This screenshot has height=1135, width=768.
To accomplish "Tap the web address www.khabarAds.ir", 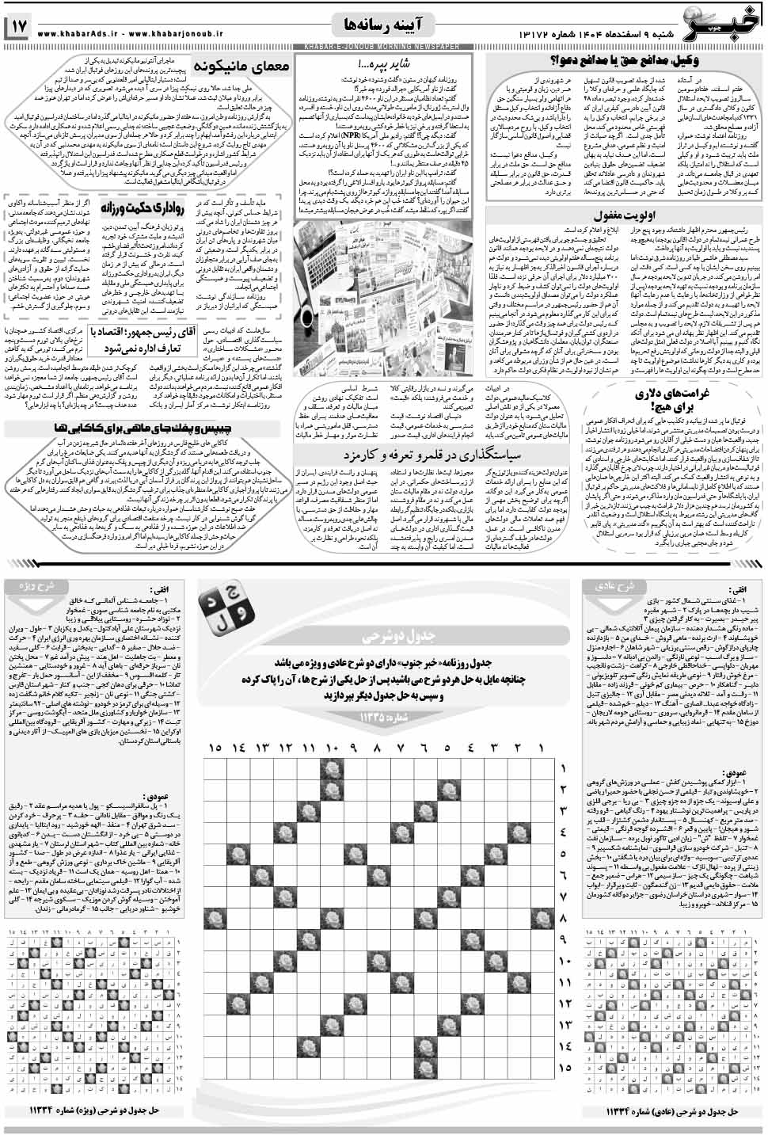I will tap(81, 34).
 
